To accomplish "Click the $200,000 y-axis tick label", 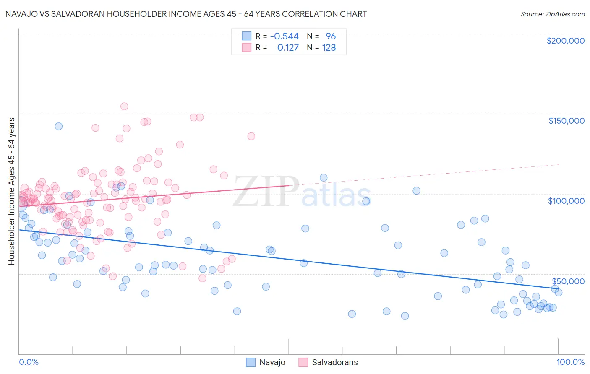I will click(x=565, y=41).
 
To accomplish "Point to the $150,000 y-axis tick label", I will click(x=566, y=121).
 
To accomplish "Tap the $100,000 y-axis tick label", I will click(x=566, y=201).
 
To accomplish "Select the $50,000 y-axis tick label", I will click(x=568, y=281).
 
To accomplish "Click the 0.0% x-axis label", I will click(x=29, y=362).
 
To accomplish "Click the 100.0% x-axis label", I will click(x=570, y=362).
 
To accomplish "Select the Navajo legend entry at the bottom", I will click(x=266, y=363).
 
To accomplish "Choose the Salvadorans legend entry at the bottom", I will click(x=328, y=363).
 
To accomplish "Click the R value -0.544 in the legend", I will click(x=284, y=36).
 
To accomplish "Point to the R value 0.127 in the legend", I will click(x=288, y=48).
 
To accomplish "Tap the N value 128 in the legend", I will click(x=329, y=48).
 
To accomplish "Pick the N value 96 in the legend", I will click(x=331, y=36).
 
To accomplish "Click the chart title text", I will click(x=186, y=14).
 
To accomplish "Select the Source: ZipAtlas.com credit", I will click(x=552, y=14).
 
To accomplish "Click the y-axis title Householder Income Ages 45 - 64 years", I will click(x=12, y=191).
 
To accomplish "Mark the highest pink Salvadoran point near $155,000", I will click(x=124, y=106).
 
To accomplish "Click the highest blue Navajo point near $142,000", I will click(x=59, y=126).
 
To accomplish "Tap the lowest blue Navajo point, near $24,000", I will click(x=405, y=316).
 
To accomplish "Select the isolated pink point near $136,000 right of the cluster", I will click(x=251, y=136).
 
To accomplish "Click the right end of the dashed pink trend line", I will click(x=559, y=165).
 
